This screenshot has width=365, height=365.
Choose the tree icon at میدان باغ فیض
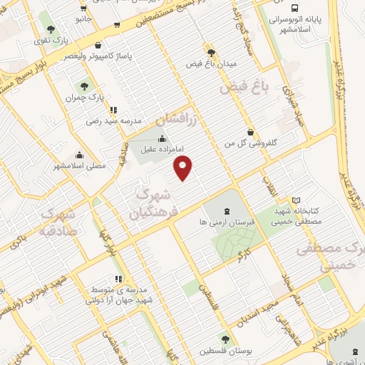210,52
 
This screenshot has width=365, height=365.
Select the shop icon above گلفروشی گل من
250,131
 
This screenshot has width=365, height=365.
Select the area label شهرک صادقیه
50,222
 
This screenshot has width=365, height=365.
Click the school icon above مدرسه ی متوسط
118,279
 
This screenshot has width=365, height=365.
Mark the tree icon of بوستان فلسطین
226,340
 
